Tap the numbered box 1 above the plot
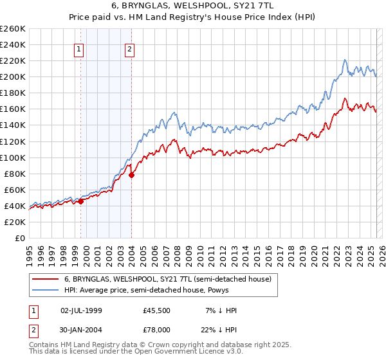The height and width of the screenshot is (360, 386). (79, 48)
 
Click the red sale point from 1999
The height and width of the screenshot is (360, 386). (81, 201)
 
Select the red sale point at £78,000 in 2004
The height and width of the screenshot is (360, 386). (131, 175)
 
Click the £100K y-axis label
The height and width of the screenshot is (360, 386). (12, 157)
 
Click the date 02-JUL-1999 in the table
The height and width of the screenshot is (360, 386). (80, 310)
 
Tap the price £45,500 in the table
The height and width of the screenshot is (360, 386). (156, 310)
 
